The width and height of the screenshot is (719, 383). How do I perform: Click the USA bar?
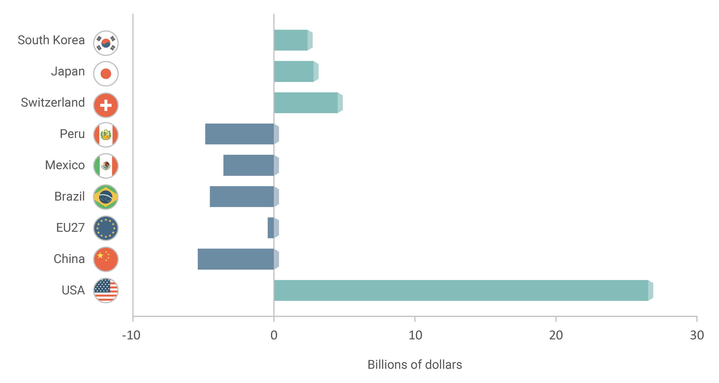[x=460, y=290]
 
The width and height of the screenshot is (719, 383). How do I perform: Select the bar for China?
[x=236, y=259]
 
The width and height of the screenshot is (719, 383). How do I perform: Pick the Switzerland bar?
[x=306, y=103]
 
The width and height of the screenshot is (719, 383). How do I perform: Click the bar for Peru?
[x=240, y=134]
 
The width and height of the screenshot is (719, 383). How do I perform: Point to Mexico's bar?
[x=248, y=165]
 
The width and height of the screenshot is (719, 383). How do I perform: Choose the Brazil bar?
[x=242, y=197]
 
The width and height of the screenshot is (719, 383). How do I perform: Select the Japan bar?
[x=294, y=71]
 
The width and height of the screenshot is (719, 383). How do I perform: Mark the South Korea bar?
[x=291, y=40]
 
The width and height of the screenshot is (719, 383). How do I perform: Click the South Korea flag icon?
[x=106, y=43]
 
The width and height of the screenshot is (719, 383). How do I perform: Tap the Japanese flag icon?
[x=106, y=74]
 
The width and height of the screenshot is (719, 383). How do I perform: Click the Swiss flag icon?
[x=106, y=105]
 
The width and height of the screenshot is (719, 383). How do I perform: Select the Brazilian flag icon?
[x=106, y=197]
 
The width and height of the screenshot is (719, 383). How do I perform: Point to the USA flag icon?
[x=106, y=290]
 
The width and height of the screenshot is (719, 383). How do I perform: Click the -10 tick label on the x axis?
[x=131, y=335]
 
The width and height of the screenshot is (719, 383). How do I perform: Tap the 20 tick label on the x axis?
[x=556, y=335]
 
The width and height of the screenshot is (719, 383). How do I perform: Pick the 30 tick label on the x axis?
[x=697, y=335]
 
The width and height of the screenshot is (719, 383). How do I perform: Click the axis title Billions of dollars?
[x=415, y=365]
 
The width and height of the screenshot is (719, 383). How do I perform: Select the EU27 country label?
[x=70, y=228]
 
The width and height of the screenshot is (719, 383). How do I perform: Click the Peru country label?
[x=72, y=134]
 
